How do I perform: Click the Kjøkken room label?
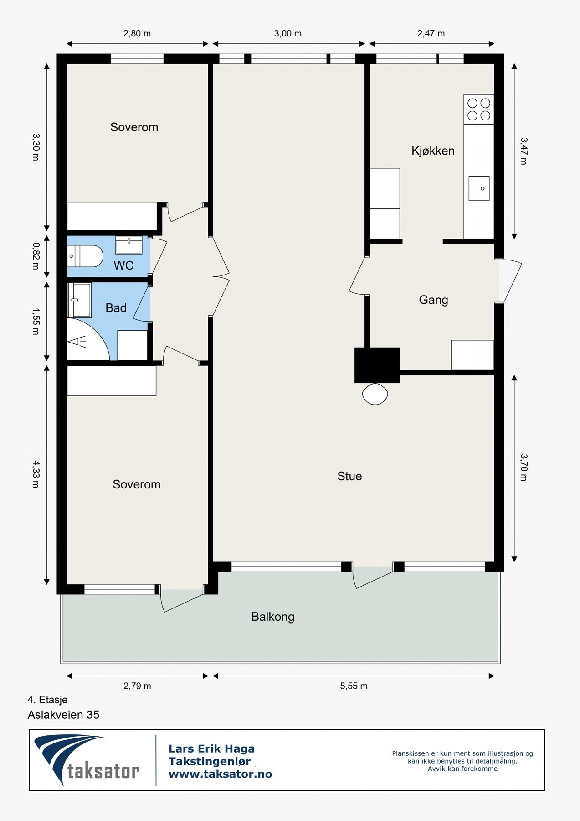point(433,151)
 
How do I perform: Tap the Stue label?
point(349,476)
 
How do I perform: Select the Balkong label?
point(273,617)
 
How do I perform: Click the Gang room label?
point(433,300)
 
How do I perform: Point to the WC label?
point(123,265)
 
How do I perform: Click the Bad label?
point(116,308)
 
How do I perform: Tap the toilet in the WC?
point(85,256)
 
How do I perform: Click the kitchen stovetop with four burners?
point(479,109)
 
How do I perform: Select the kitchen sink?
point(479,188)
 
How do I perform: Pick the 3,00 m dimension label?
point(288,34)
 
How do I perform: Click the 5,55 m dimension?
point(354,686)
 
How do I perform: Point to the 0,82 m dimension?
point(36,256)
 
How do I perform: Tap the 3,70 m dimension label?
point(524,468)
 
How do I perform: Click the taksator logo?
point(87,760)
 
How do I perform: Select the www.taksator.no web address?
point(220,774)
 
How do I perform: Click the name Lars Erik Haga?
point(211,748)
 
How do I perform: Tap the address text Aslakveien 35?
point(63,715)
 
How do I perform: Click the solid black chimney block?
point(377,365)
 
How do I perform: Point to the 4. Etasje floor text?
point(47,700)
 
